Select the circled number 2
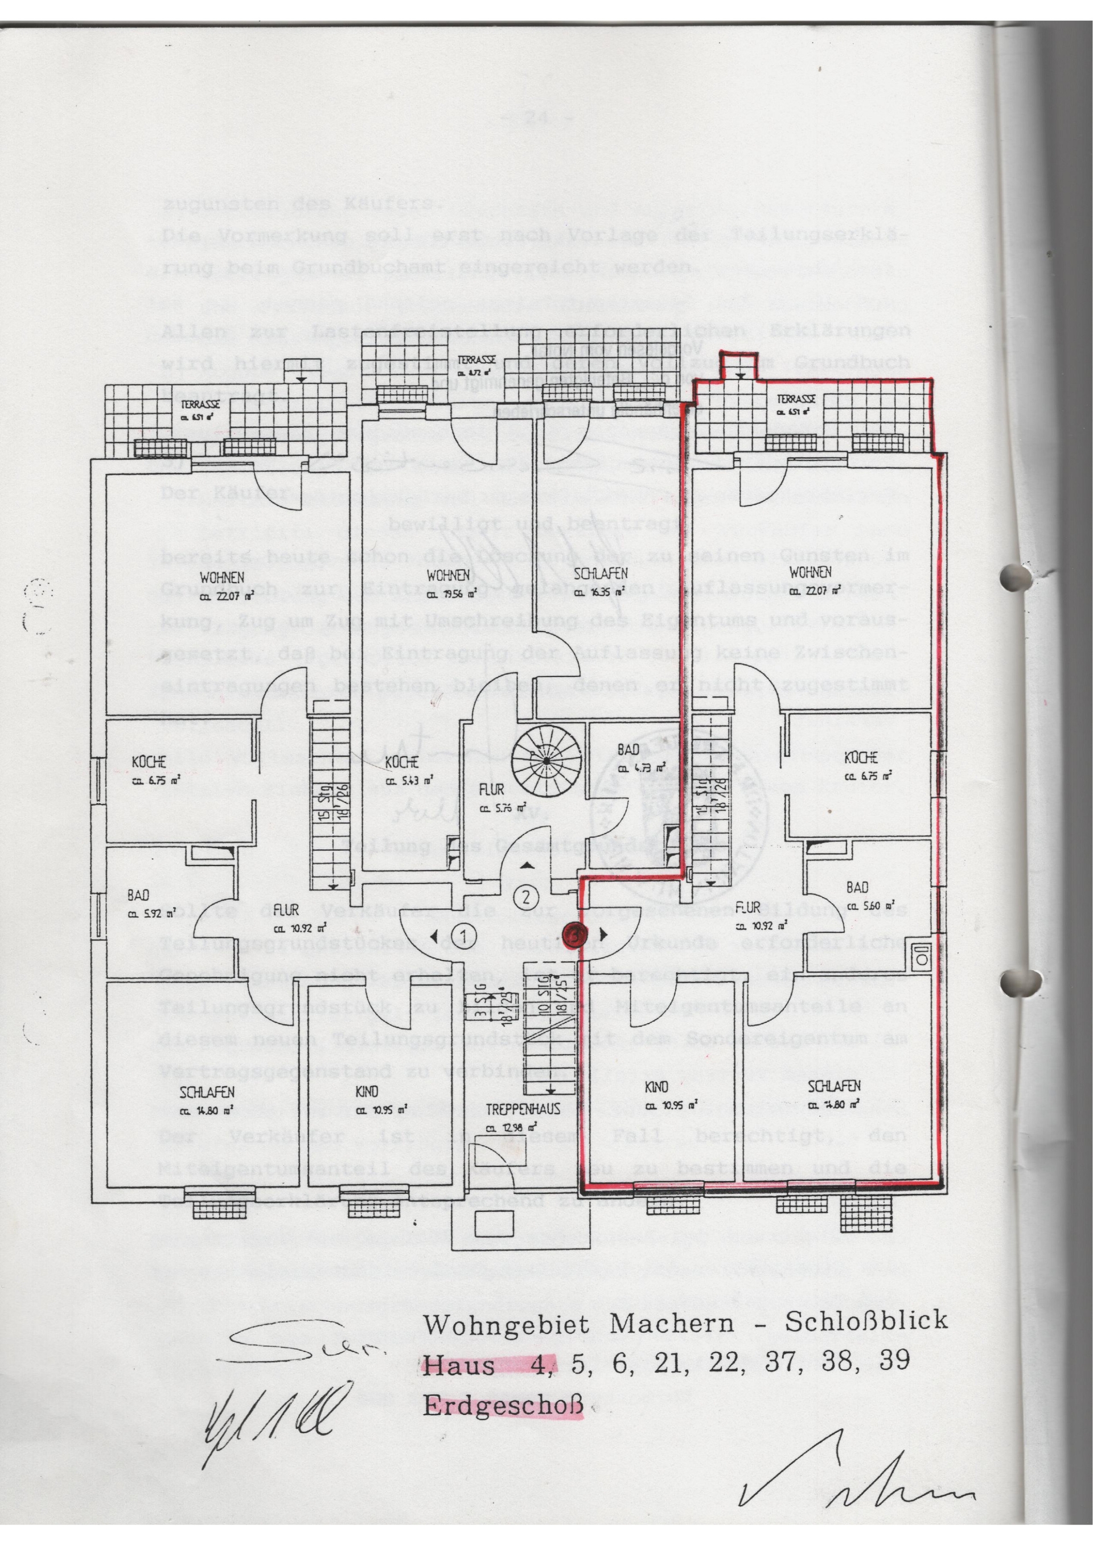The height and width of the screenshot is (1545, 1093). [527, 896]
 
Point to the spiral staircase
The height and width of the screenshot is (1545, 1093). [546, 759]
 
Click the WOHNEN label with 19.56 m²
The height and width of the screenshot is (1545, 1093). [448, 575]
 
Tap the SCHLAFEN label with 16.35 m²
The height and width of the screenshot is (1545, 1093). [601, 574]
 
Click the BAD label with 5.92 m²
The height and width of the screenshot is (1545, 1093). [138, 896]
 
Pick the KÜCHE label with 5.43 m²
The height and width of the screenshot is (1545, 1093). [402, 763]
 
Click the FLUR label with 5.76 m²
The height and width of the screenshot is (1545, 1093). [492, 790]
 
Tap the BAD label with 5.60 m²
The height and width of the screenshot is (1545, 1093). [857, 888]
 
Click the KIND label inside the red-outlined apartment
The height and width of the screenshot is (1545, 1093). [656, 1087]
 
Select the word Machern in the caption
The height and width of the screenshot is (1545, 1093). [671, 1324]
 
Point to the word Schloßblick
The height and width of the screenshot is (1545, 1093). [866, 1321]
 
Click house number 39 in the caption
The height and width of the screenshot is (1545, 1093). [894, 1360]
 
